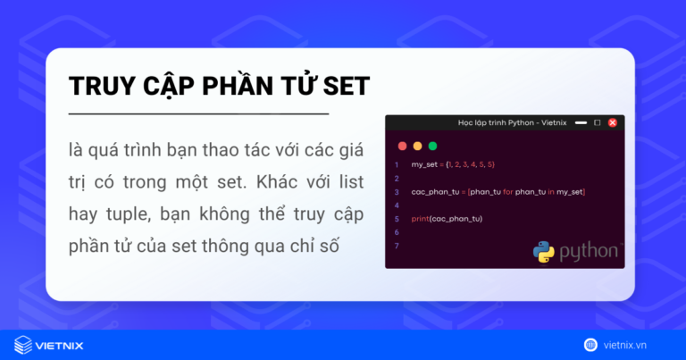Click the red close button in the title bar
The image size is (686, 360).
click(x=612, y=122)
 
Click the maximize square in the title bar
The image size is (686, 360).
click(x=597, y=122)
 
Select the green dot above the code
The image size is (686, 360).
click(x=433, y=146)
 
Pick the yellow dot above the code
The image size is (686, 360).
click(x=417, y=146)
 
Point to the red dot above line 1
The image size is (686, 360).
click(x=402, y=146)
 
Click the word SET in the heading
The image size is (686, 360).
click(x=339, y=87)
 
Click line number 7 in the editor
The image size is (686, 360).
click(x=396, y=246)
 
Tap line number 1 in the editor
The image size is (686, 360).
click(x=396, y=165)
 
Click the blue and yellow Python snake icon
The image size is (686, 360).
click(x=544, y=251)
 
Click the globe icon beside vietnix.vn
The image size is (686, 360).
click(x=590, y=345)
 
